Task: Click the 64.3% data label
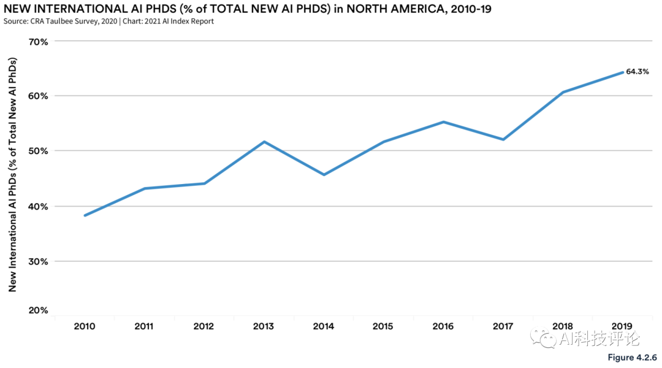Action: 637,72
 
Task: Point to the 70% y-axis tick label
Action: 39,42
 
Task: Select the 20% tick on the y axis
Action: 39,310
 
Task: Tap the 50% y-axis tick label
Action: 39,151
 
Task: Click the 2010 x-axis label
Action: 85,326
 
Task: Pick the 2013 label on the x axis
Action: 264,326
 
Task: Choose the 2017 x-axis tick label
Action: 503,326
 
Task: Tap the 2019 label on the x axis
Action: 623,326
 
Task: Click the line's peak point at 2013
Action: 264,142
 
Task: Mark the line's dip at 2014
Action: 324,175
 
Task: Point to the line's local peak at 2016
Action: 443,122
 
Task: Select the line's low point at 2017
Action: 503,140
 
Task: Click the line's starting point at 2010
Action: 85,215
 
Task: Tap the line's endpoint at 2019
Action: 623,72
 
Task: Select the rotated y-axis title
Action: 12,175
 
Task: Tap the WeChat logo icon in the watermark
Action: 544,339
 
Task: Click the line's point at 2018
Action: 563,92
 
